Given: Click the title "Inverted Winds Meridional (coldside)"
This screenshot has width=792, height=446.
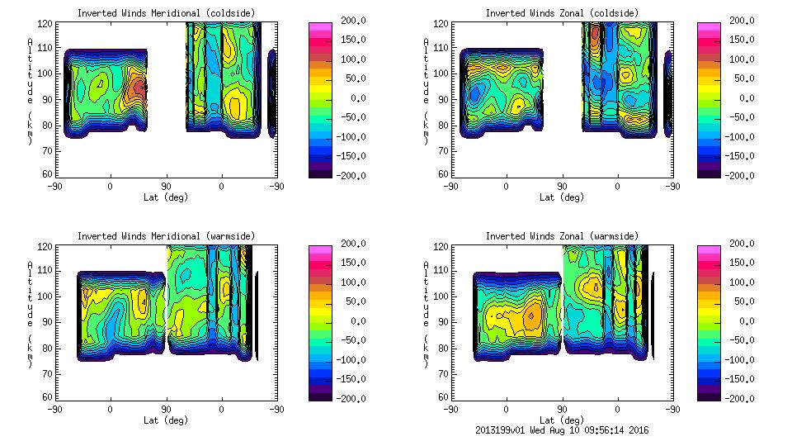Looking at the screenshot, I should click(x=166, y=13).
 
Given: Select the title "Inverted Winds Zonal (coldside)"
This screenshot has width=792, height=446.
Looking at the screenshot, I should click(x=562, y=13).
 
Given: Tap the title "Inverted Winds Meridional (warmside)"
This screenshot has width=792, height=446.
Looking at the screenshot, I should click(x=166, y=236).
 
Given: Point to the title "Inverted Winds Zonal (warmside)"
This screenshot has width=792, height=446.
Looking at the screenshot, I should click(x=562, y=236).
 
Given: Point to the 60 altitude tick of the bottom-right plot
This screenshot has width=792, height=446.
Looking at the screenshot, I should click(x=444, y=397).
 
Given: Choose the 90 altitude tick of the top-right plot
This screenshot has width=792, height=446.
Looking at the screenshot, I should click(x=444, y=99).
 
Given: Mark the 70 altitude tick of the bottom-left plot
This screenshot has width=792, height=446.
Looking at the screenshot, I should click(x=49, y=372).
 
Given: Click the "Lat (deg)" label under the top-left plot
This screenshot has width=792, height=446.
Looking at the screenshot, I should click(x=166, y=197).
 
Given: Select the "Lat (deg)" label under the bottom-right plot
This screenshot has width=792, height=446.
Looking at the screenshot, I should click(x=562, y=420).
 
